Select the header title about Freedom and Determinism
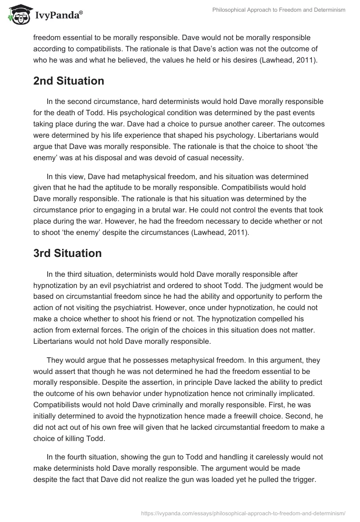tap(279, 10)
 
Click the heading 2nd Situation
tap(68, 81)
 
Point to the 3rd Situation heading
tap(67, 253)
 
